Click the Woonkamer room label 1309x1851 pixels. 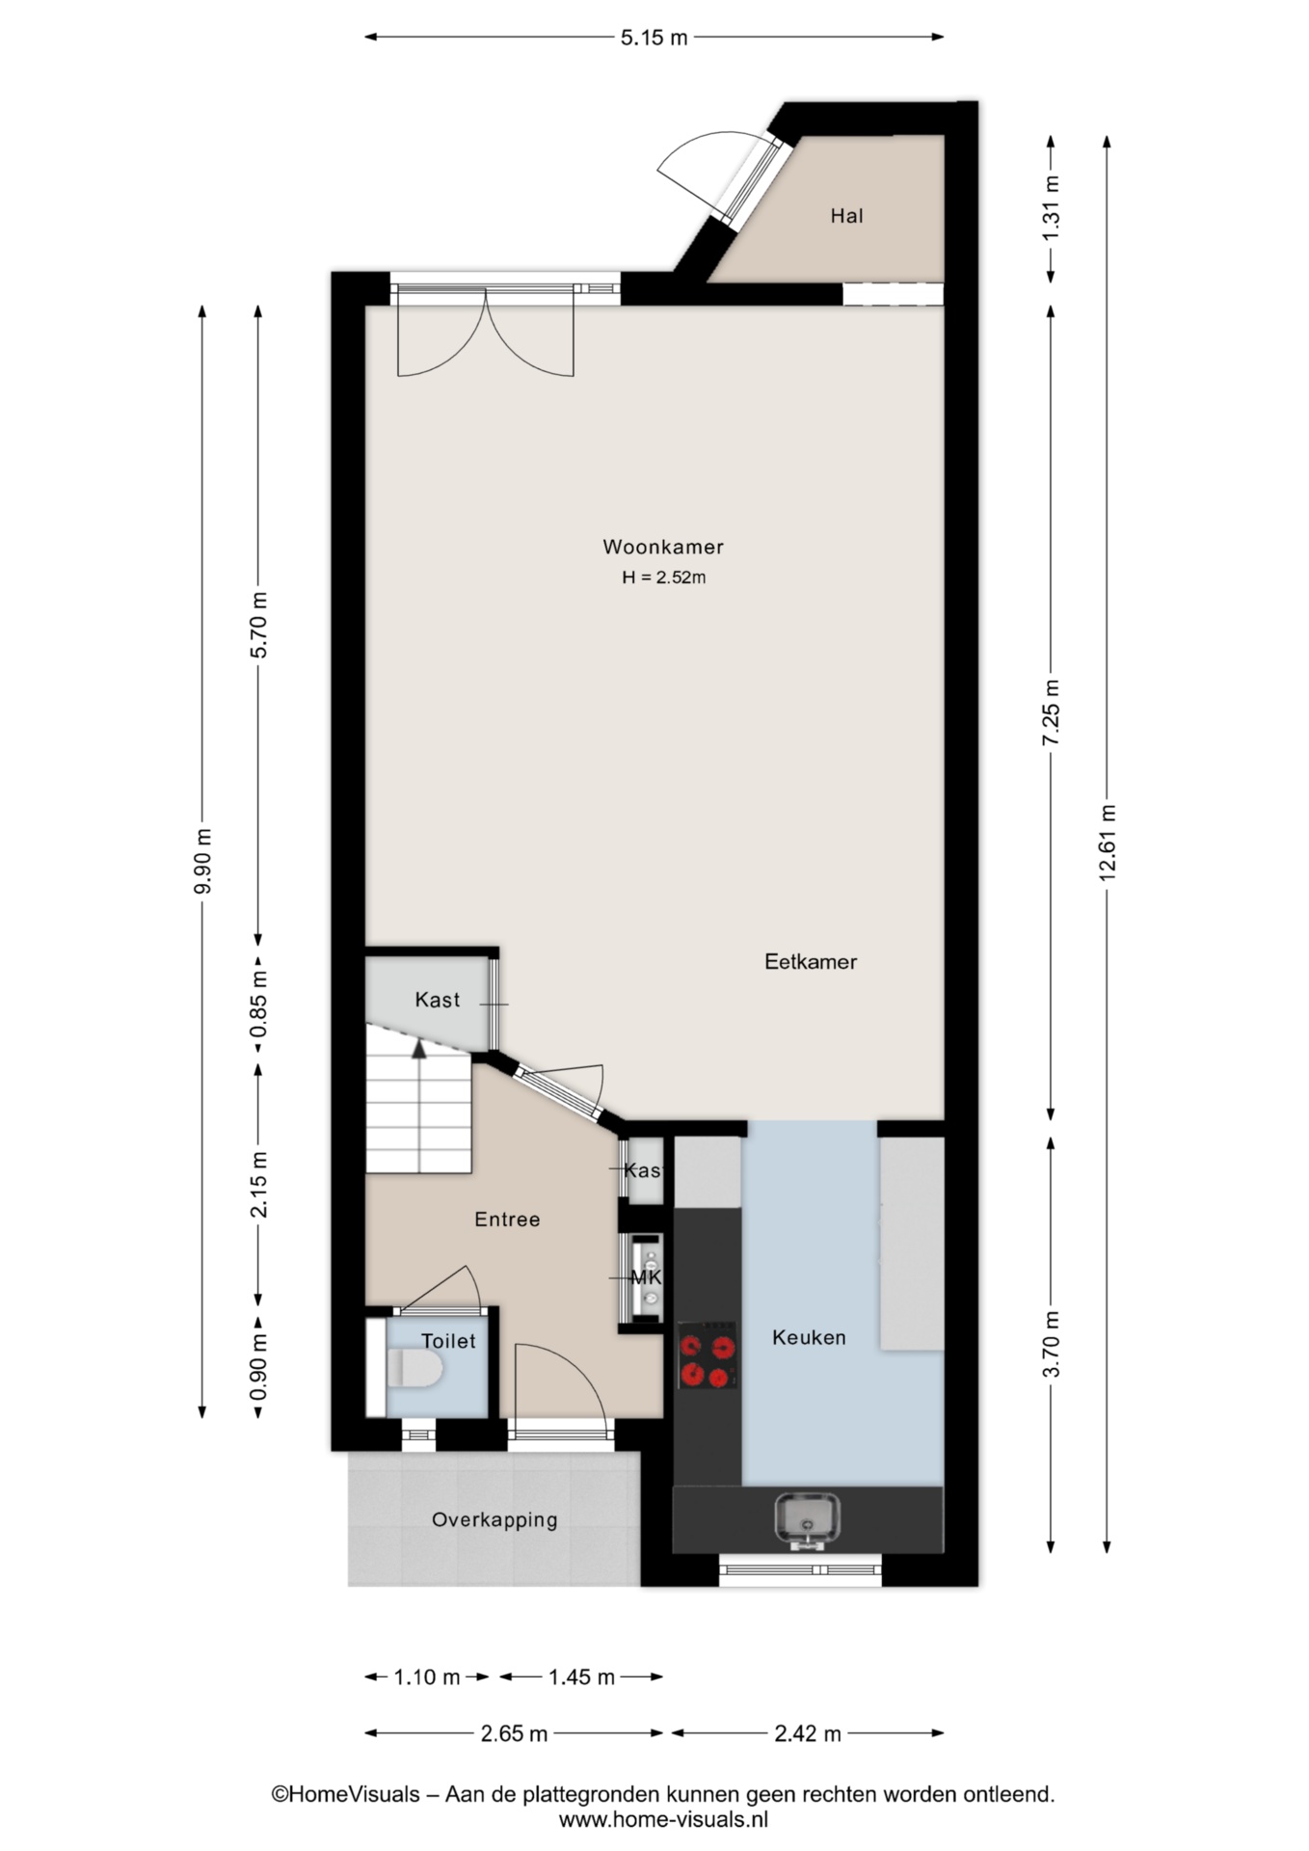(662, 547)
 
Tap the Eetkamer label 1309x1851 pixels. (811, 961)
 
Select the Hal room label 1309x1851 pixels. (847, 216)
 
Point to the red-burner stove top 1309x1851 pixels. (708, 1355)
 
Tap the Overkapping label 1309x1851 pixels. (494, 1520)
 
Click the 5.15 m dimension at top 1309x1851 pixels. (654, 38)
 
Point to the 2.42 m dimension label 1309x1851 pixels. (808, 1734)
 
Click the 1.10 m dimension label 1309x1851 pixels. (427, 1677)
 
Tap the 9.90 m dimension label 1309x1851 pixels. (202, 861)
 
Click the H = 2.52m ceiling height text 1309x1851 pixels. (664, 577)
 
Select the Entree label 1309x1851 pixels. (507, 1220)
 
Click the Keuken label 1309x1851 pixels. (809, 1337)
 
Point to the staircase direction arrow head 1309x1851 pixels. (419, 1050)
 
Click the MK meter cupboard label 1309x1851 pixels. (646, 1277)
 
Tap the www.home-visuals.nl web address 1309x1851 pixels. (663, 1820)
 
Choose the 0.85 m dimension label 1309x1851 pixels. (258, 1006)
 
